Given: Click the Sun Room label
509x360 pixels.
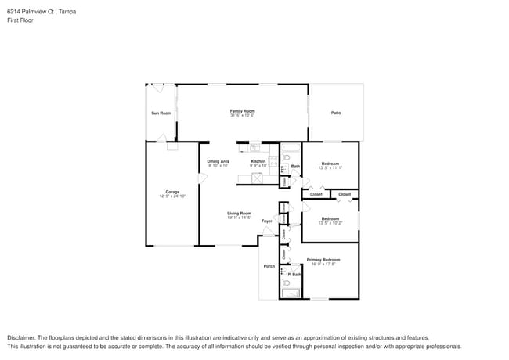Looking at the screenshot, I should click(x=161, y=113).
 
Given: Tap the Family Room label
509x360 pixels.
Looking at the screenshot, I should click(x=242, y=111).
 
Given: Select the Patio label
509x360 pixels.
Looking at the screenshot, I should click(x=336, y=113).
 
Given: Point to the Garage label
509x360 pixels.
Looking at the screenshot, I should click(x=171, y=192).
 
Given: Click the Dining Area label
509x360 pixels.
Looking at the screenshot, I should click(x=218, y=161).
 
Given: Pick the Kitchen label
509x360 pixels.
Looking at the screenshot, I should click(x=259, y=161).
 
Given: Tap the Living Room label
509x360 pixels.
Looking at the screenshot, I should click(x=239, y=213).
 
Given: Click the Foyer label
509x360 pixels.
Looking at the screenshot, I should click(x=266, y=221).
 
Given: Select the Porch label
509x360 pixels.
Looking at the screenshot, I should click(x=268, y=266).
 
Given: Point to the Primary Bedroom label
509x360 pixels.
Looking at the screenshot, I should click(x=323, y=259).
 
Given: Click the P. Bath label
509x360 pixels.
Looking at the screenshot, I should click(x=294, y=274).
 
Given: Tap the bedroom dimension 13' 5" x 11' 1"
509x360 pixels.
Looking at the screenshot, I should click(x=330, y=167).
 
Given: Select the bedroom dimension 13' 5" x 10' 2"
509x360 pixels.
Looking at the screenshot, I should click(x=330, y=223).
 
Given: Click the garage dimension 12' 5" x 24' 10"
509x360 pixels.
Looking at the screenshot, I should click(x=172, y=196).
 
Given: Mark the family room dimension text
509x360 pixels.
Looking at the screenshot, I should click(x=242, y=116).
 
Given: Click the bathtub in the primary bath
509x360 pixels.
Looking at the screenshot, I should click(x=291, y=293).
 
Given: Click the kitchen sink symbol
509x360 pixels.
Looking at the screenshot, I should click(x=254, y=147).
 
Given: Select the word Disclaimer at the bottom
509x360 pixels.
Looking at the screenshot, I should click(x=22, y=337).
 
